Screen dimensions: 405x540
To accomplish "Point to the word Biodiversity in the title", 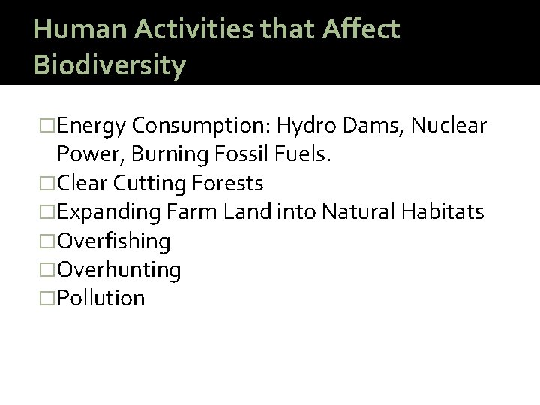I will [x=109, y=65].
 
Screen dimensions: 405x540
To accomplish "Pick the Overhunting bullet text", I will [x=118, y=269].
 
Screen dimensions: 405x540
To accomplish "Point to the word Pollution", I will [x=101, y=298].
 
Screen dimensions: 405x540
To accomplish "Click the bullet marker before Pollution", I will [x=49, y=298].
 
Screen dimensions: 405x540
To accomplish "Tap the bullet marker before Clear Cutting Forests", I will [x=49, y=184].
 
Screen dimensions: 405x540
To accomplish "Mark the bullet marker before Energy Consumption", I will [x=49, y=126].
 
